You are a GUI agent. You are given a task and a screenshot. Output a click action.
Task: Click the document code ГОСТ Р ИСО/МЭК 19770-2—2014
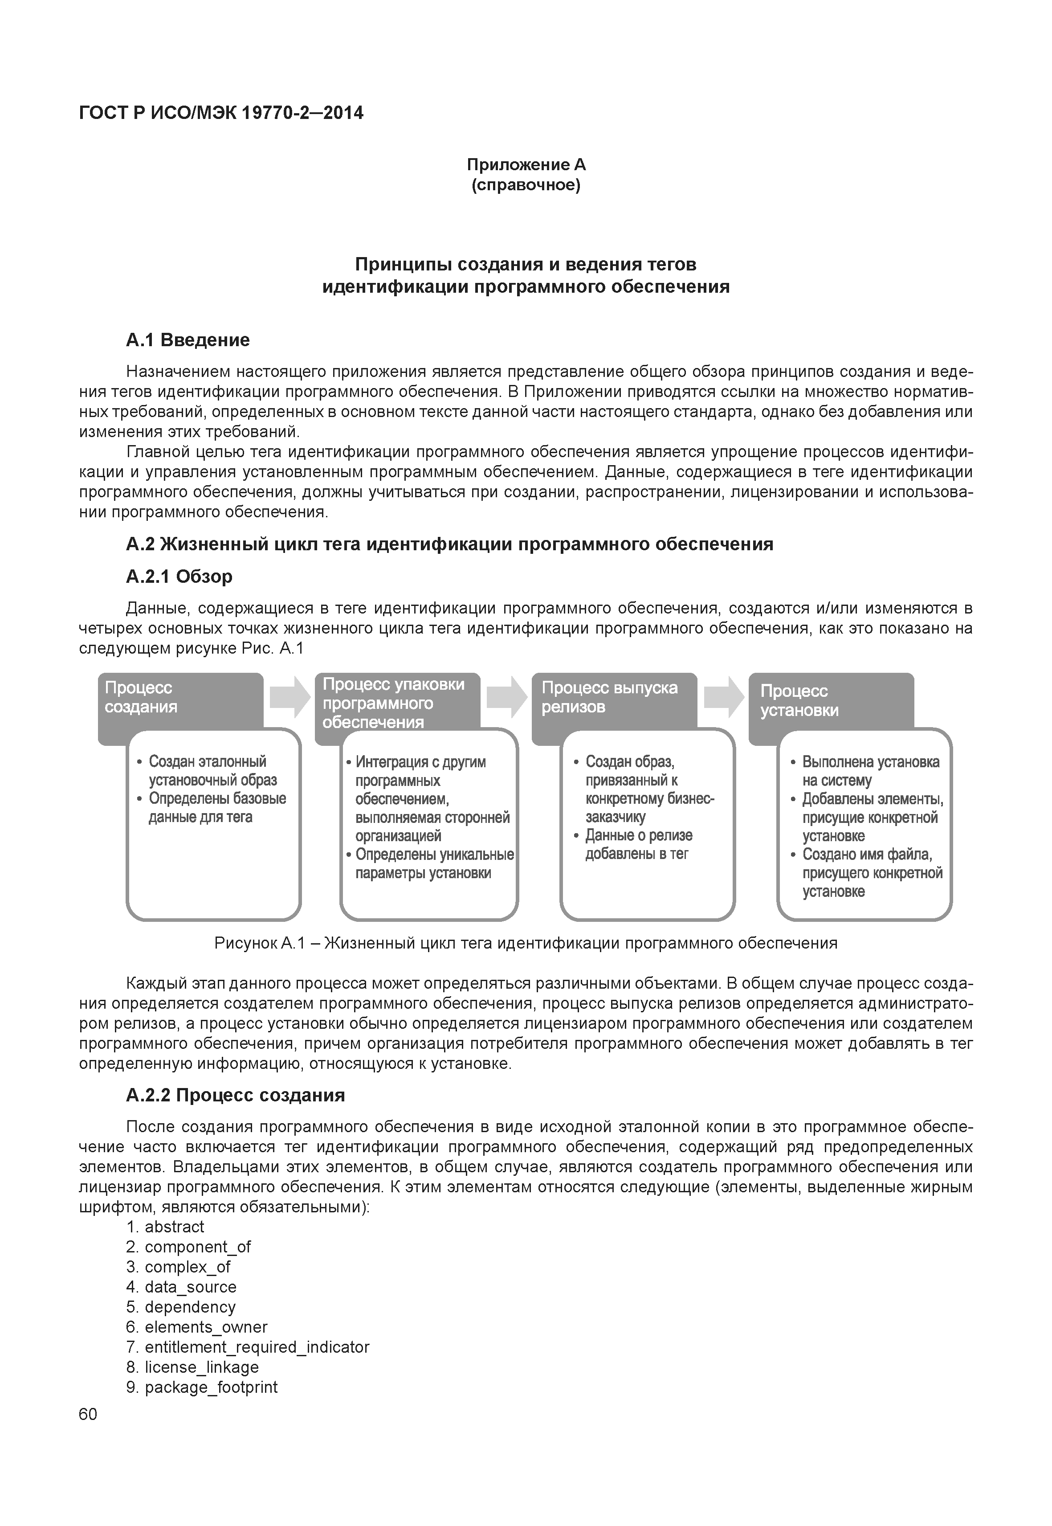(221, 113)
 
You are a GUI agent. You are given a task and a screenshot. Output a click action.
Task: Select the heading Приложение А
(526, 164)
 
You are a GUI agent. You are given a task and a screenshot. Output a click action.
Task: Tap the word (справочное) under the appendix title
(526, 185)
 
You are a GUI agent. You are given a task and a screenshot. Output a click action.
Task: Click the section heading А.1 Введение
(188, 340)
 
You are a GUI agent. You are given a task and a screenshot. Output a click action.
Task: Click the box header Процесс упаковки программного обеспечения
(394, 703)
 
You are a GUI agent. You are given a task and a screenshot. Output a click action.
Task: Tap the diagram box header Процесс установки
(799, 700)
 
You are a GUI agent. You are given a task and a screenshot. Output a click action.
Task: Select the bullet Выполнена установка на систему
(870, 771)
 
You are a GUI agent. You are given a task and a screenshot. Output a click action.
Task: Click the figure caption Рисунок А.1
(526, 944)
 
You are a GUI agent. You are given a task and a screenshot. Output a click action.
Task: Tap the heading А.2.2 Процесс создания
(235, 1095)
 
